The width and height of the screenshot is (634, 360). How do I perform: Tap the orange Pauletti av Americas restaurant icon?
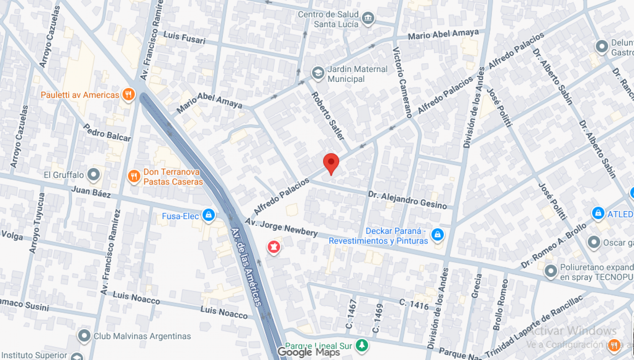[128, 94]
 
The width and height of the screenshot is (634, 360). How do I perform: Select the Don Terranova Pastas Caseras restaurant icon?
[134, 176]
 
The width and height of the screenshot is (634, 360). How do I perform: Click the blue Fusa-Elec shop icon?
[208, 215]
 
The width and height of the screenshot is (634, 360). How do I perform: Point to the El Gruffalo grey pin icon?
[93, 174]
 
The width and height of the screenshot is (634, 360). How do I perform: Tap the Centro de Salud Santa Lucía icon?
[368, 18]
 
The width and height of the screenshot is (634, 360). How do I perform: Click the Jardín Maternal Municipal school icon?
[318, 73]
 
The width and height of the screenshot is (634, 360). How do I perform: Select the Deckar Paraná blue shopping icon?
[437, 234]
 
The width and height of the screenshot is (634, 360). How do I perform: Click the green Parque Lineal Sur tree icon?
[362, 345]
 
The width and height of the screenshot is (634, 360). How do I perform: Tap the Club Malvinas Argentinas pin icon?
[84, 335]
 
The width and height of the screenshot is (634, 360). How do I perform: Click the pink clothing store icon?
[274, 247]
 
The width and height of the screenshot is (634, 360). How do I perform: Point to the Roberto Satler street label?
[328, 116]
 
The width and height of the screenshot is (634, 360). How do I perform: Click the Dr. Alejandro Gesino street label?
[407, 200]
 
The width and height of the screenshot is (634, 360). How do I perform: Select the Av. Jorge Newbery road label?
[281, 227]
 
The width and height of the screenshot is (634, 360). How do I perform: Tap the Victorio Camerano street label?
[402, 82]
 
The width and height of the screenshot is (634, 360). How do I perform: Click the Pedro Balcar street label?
[107, 132]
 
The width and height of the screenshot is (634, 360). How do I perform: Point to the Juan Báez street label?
[91, 192]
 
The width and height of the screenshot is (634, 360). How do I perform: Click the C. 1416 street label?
[414, 304]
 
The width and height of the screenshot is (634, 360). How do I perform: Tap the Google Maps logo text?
[308, 352]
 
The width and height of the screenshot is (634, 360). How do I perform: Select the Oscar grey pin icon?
[593, 242]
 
